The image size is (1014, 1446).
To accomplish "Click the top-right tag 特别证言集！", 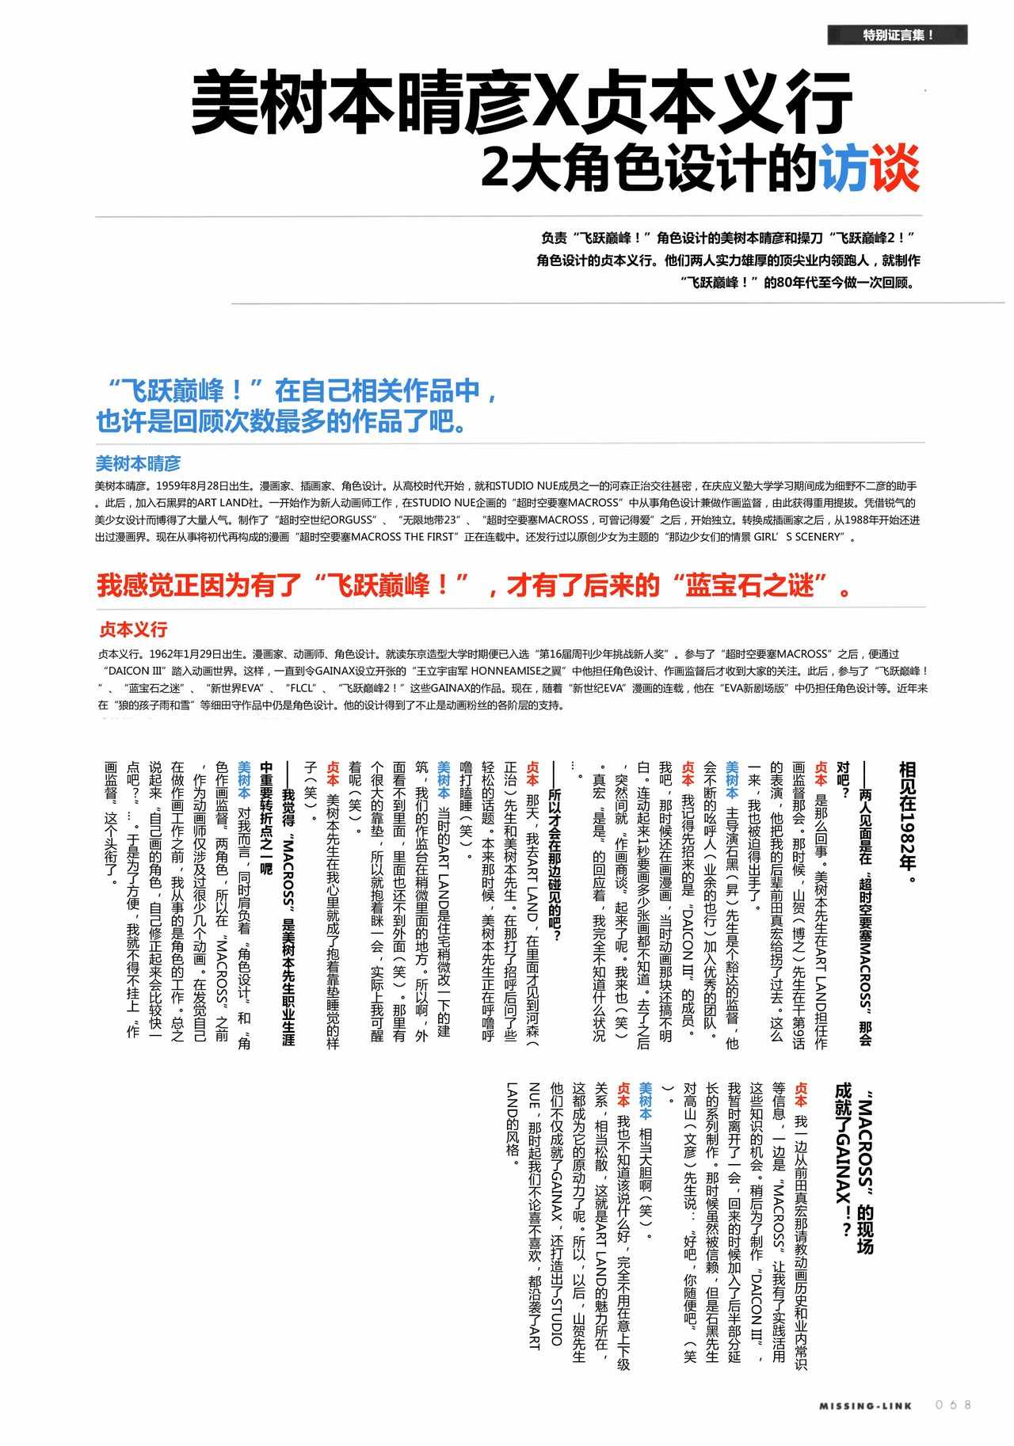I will point(897,35).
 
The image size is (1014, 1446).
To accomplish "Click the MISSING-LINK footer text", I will point(866,1406).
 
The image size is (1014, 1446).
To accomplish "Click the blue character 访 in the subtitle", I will point(844,167).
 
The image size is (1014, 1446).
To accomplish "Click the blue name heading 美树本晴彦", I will point(138,463).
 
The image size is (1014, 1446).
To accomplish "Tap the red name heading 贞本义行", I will point(133,630).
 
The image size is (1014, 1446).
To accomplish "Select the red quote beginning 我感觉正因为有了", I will point(475,586).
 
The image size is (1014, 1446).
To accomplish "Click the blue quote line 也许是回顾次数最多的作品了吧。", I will point(281,421).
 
